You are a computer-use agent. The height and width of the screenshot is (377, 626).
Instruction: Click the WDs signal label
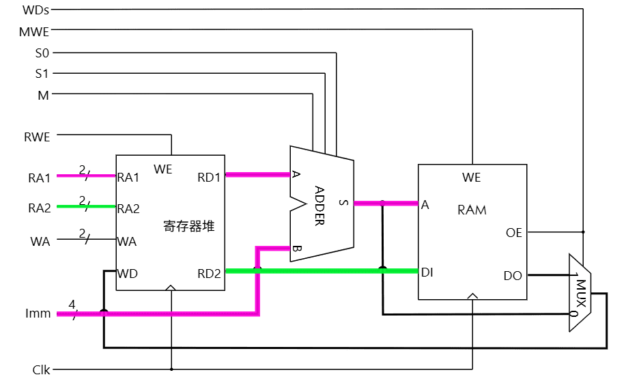(35, 10)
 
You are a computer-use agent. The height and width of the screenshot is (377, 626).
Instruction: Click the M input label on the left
(43, 94)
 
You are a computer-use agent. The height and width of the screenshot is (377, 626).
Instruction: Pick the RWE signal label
(37, 137)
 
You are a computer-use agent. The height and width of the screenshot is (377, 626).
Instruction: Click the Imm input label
(39, 314)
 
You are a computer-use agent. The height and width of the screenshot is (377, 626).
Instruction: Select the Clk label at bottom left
(41, 370)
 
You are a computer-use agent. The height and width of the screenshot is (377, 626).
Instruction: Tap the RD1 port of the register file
(210, 178)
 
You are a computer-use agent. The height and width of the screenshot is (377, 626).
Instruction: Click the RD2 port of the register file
(210, 273)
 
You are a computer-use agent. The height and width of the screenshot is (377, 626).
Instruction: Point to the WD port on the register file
(128, 273)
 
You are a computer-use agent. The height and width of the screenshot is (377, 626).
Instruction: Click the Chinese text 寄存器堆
(189, 226)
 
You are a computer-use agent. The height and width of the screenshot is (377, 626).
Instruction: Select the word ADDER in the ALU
(320, 205)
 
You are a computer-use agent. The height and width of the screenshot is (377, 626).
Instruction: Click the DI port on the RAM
(427, 272)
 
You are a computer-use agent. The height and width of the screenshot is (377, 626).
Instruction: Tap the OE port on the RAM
(513, 233)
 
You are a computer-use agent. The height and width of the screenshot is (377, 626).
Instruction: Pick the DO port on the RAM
(513, 276)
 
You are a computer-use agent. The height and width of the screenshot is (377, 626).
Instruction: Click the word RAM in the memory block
(472, 210)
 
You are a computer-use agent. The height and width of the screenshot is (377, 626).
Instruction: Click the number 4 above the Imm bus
(72, 303)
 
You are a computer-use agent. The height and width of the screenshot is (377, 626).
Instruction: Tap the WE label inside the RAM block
(472, 178)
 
